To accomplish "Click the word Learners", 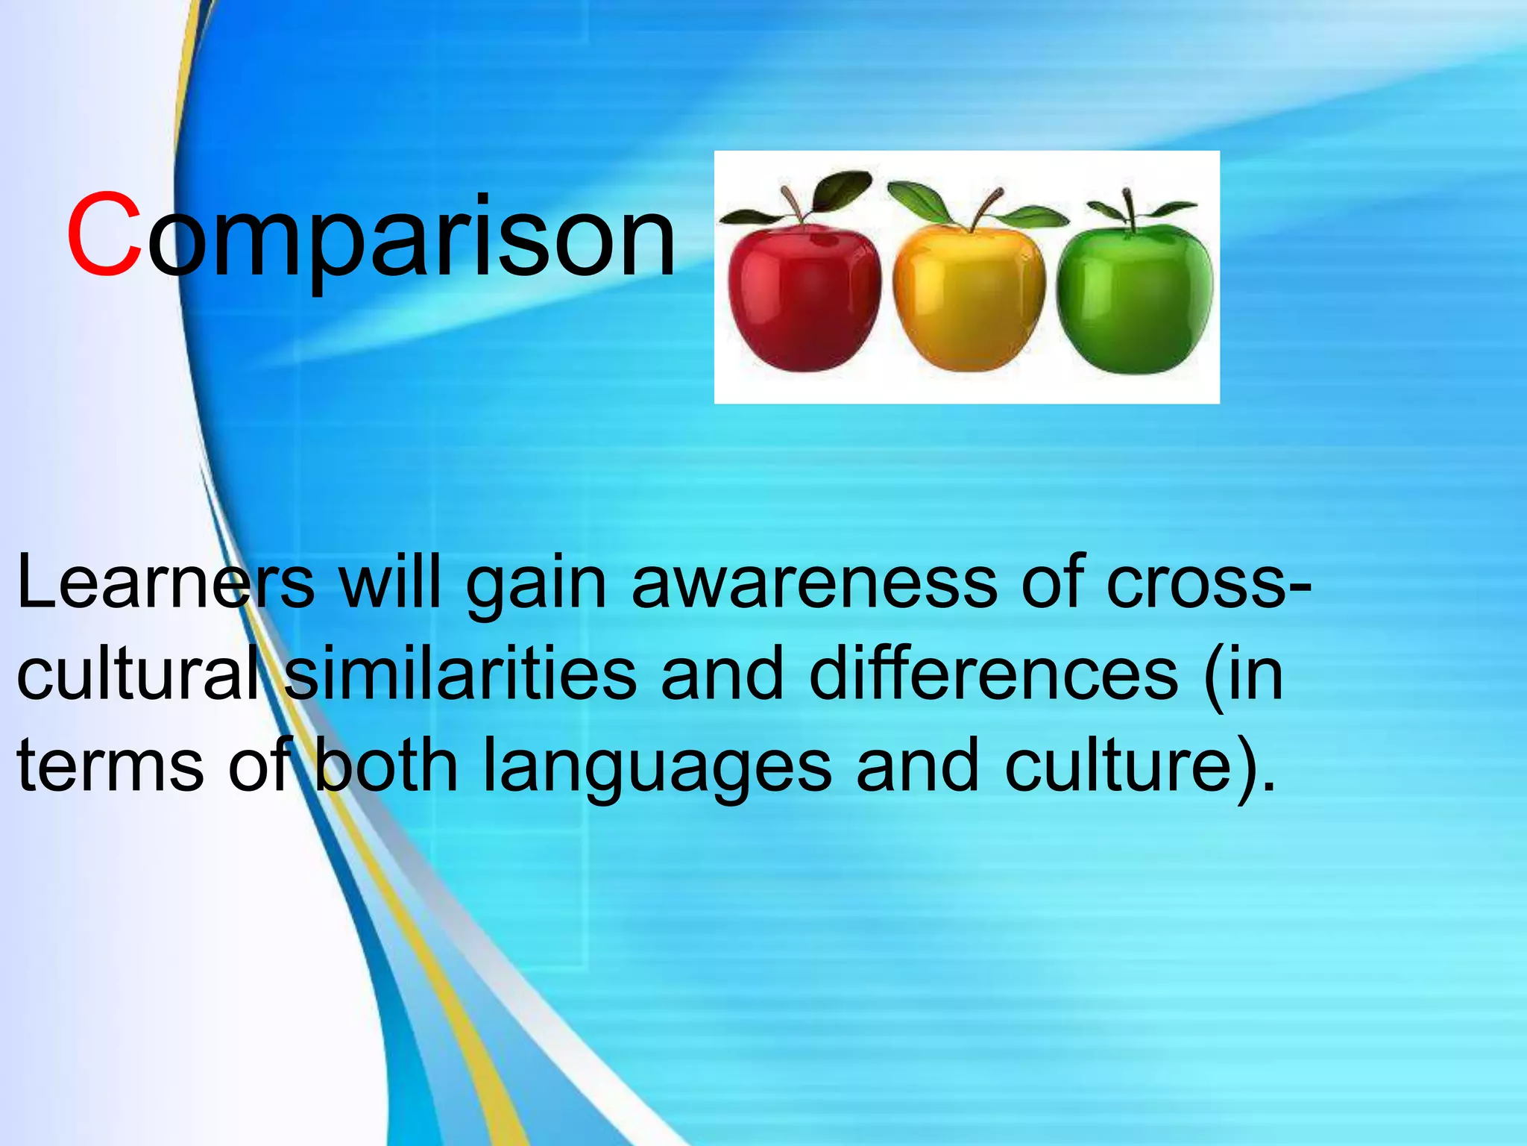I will (x=165, y=582).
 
